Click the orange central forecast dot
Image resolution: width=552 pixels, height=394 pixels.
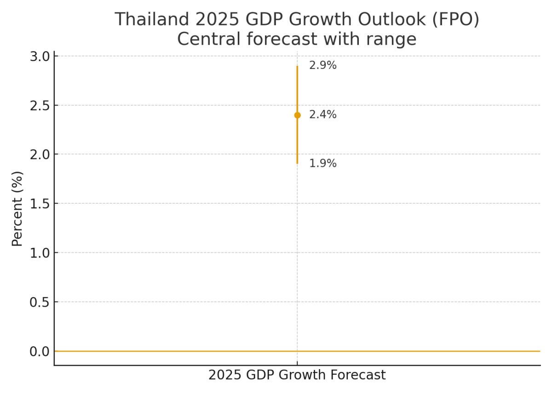pyautogui.click(x=297, y=115)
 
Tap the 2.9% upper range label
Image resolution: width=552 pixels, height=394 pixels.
pyautogui.click(x=322, y=66)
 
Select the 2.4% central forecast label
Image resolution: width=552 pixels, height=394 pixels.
pyautogui.click(x=322, y=115)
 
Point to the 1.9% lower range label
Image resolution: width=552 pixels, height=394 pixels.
pyautogui.click(x=322, y=164)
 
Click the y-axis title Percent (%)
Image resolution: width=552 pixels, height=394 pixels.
pyautogui.click(x=17, y=208)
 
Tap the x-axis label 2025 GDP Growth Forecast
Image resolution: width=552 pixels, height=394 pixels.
pyautogui.click(x=297, y=375)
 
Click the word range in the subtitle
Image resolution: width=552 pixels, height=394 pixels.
pyautogui.click(x=394, y=40)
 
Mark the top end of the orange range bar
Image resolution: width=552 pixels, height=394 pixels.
pyautogui.click(x=297, y=66)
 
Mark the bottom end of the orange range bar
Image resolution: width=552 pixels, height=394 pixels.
pyautogui.click(x=297, y=163)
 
